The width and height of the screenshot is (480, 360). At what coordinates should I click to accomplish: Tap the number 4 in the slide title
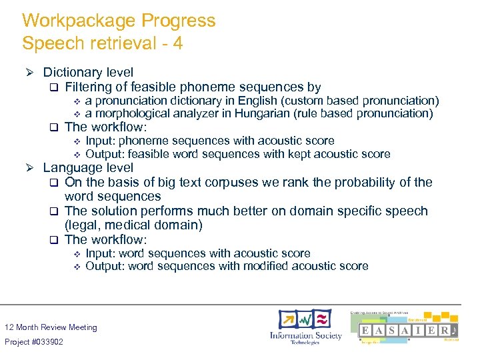[x=178, y=44]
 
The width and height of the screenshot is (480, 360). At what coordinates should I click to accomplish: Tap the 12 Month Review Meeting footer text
[x=51, y=327]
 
